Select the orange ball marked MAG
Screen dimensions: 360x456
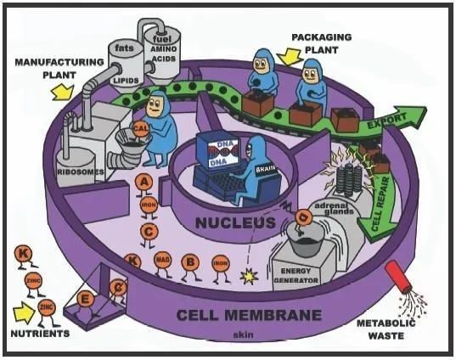162,259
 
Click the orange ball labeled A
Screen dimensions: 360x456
145,182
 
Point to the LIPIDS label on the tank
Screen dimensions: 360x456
125,79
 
